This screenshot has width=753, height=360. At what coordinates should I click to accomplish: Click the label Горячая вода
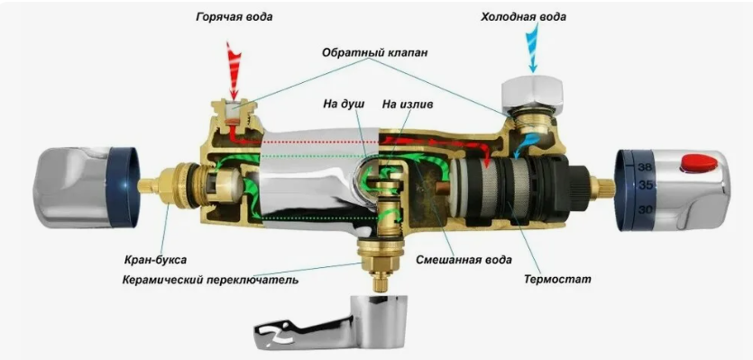point(234,17)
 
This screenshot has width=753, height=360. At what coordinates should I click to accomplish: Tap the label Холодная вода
point(523,17)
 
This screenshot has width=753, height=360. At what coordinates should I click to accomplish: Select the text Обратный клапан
point(374,52)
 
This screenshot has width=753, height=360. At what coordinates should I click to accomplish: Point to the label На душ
point(344,104)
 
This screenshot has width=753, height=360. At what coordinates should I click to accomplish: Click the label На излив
point(408,104)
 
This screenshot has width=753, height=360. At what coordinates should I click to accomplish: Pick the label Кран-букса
point(155,260)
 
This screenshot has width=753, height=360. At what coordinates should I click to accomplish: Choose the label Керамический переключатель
point(210,280)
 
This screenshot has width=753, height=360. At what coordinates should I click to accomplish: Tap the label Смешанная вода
point(464,260)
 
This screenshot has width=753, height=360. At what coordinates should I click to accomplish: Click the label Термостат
point(557,279)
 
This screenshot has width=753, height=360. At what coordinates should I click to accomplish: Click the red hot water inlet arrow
point(234,69)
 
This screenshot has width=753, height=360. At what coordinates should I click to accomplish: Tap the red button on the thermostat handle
point(698,163)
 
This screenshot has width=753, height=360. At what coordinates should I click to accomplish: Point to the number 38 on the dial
point(646,168)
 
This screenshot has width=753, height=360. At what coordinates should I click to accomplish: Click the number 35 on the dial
point(646,185)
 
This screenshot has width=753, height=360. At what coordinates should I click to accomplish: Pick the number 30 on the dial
point(646,209)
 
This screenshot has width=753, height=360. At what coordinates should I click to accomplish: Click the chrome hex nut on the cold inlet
point(532,95)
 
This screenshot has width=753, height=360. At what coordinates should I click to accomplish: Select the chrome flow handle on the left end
point(87,187)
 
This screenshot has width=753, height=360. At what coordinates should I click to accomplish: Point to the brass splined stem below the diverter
point(380,282)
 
